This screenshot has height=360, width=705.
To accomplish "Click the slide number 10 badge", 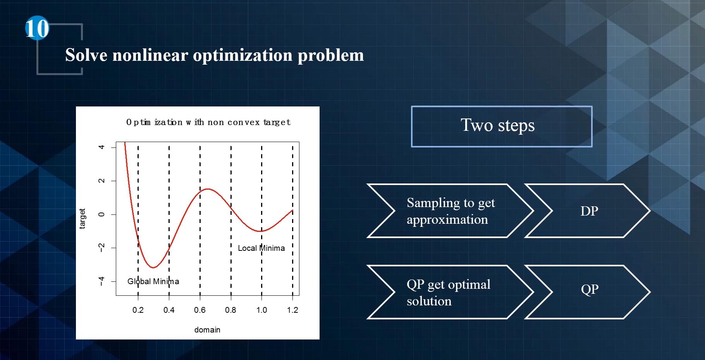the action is pos(37,28).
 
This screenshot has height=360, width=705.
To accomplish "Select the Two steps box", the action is pos(502,127).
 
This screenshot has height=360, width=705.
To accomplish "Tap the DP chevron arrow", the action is pos(588,211).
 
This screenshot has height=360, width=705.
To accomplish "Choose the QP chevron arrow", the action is pos(588,292).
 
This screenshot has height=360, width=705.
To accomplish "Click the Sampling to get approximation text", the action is pos(451,211).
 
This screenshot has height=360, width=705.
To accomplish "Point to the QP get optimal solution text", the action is pos(448,293).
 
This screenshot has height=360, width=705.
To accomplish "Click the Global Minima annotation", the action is pos(153,281).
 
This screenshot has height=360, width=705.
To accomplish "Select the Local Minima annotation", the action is pos(261,248).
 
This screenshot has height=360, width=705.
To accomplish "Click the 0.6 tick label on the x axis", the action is pos(200,310).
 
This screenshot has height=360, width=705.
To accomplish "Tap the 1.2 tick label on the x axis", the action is pos(292,310).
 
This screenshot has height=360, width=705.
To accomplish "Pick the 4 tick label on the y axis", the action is pos(101,147).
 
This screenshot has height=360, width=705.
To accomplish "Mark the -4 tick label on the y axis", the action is pos(101,281).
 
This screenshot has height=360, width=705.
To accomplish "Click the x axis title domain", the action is pos(207,330).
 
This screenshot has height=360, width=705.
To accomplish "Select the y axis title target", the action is pos(82,219).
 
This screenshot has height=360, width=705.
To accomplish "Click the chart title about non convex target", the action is pos(208,122).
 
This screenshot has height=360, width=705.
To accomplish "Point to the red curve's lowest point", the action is pos(153,267).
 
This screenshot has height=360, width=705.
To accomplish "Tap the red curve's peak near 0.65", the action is pos(208,189).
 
